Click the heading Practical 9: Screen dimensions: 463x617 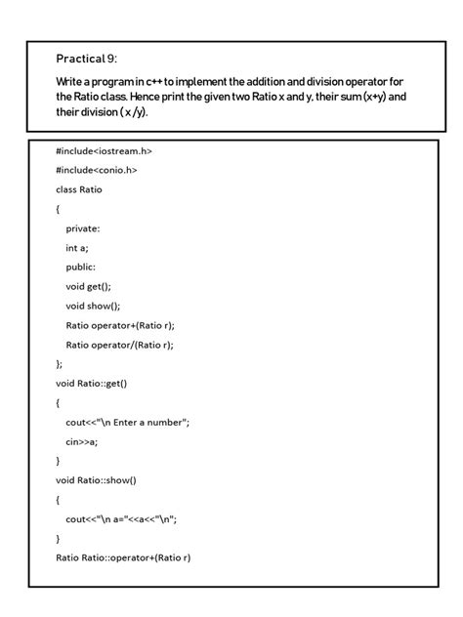(x=87, y=59)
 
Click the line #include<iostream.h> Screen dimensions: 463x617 (x=104, y=150)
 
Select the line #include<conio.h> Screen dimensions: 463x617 (x=97, y=170)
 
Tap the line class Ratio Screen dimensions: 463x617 (x=79, y=189)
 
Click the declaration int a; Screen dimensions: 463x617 (x=77, y=247)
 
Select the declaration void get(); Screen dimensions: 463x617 (x=89, y=286)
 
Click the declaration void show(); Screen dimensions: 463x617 (x=93, y=306)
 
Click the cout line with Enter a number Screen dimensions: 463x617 (x=127, y=422)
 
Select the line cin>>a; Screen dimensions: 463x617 (x=82, y=441)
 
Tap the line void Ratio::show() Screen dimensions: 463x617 (x=96, y=479)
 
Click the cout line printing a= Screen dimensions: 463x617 (x=121, y=518)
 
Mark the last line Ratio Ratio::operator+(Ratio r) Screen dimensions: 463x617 (x=123, y=557)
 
